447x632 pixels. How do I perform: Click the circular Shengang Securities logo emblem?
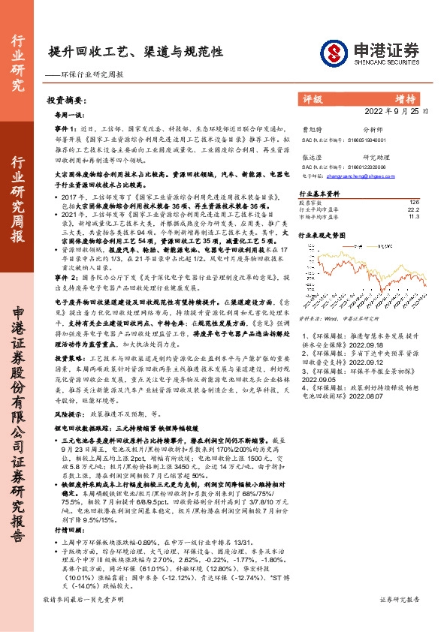pos(331,51)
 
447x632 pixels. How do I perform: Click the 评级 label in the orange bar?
pos(313,99)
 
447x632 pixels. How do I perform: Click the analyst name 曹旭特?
pos(311,129)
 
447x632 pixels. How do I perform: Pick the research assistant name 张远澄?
pos(311,157)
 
